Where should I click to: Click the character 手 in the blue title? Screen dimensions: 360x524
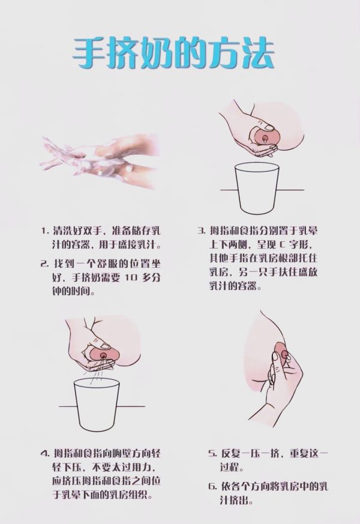tap(88, 53)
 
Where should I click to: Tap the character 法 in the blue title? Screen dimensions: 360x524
tap(257, 53)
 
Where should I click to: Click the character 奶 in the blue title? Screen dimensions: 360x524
tap(155, 53)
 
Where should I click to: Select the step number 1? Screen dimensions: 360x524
tap(44, 231)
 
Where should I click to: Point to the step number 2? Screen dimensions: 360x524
tap(44, 264)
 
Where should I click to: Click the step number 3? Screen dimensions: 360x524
tap(201, 231)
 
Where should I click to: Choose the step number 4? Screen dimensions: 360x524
tap(45, 454)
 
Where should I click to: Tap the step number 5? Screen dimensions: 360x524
tap(212, 454)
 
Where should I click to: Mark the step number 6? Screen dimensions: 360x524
tap(212, 486)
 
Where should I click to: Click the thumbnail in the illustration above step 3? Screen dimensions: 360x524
tap(268, 127)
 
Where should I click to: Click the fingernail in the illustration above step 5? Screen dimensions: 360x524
tap(275, 357)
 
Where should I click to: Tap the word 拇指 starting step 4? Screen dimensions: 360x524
tap(62, 454)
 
